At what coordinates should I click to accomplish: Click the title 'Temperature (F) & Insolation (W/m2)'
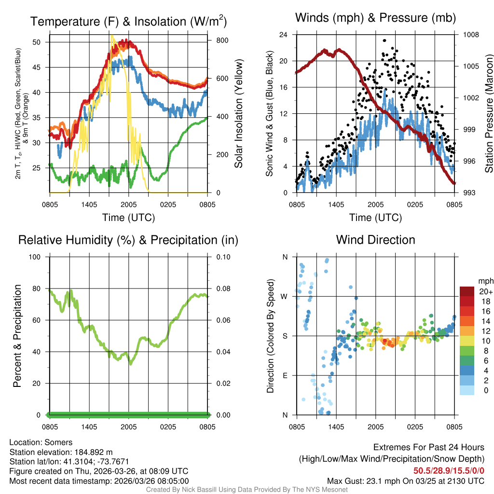click(128, 22)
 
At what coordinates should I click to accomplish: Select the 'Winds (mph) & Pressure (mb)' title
click(375, 18)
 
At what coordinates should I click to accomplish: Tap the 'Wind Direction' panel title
click(375, 240)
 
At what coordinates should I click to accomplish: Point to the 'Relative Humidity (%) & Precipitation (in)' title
click(128, 240)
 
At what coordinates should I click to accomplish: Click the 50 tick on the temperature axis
click(42, 42)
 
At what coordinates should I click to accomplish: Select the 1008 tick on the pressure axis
click(471, 35)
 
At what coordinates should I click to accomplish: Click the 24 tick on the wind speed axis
click(285, 35)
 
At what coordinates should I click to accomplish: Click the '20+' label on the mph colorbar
click(485, 292)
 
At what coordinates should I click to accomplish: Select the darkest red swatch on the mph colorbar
click(468, 291)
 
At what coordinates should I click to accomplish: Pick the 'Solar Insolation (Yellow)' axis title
click(239, 113)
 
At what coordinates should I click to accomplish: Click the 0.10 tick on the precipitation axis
click(222, 257)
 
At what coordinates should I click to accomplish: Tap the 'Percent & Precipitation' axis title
click(17, 336)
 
